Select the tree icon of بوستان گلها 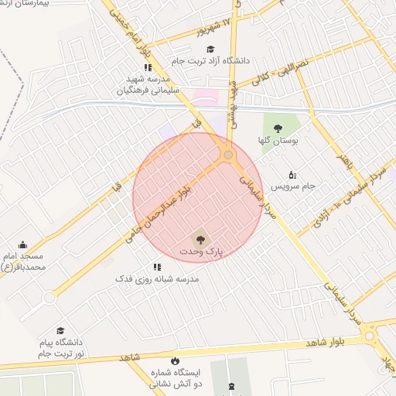278,128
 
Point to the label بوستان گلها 278,141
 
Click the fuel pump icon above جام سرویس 292,174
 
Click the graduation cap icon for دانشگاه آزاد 210,50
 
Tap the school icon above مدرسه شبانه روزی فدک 156,267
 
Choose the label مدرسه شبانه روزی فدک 157,278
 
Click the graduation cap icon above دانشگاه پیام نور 60,330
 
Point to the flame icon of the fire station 175,360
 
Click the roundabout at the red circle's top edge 227,155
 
